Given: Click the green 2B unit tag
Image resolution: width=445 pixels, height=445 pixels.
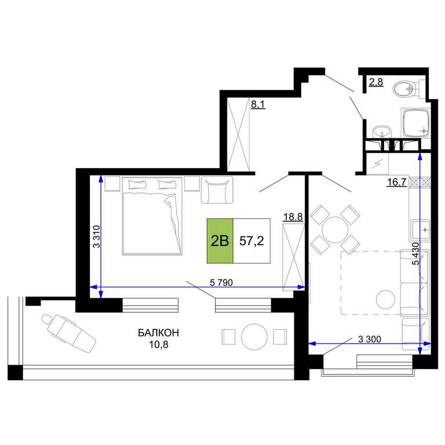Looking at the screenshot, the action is click(220, 240).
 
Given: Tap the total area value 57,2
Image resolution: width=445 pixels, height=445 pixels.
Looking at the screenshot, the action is click(251, 241).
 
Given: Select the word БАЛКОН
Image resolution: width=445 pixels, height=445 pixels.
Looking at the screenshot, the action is click(158, 333).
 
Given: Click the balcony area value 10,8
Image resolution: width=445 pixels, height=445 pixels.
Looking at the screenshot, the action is click(158, 345).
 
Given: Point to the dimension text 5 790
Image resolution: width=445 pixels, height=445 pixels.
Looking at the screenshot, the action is click(221, 282).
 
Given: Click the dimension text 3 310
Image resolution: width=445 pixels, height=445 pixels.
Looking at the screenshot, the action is click(97, 236).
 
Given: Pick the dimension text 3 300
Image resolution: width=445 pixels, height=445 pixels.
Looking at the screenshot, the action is click(370, 339).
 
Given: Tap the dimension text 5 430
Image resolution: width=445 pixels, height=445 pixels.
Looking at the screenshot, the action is click(415, 254).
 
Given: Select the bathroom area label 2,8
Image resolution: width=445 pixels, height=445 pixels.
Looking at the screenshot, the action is click(376, 82).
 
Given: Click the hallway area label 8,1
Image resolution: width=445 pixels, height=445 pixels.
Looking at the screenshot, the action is click(258, 104).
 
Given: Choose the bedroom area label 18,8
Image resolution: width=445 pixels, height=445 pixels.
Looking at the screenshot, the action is click(293, 217).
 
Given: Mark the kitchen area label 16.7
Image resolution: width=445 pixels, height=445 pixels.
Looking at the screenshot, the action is click(397, 182).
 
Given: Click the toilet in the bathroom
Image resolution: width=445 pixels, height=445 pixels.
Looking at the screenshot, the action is click(408, 88).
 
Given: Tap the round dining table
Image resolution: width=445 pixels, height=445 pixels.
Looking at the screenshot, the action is click(335, 229).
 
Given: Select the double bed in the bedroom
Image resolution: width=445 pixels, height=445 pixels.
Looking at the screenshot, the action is click(152, 216).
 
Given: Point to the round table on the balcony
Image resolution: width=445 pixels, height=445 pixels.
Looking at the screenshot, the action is click(254, 337).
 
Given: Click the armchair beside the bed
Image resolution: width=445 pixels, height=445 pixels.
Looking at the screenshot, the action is click(217, 190).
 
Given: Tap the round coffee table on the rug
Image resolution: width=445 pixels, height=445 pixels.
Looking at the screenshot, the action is click(385, 300).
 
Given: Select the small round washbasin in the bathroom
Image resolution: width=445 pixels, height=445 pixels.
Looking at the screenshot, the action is click(382, 132).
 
